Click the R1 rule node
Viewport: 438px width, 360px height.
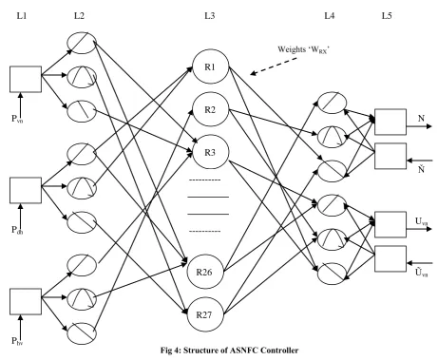210,66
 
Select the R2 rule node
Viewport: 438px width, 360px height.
210,109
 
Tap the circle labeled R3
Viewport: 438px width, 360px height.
210,152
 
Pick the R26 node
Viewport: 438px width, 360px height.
205,272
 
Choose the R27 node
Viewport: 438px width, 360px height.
205,314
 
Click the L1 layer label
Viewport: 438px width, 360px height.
22,15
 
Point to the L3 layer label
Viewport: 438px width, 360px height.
210,15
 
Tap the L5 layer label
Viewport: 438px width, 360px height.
387,15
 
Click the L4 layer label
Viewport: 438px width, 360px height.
330,15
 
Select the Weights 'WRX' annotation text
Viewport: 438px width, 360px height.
304,49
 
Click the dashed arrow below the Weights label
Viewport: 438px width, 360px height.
274,66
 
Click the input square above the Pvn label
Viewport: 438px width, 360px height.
26,79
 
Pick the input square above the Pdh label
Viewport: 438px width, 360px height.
26,190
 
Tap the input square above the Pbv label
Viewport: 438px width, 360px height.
26,301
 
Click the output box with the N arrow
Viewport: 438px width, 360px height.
390,122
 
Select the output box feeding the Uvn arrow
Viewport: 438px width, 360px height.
390,224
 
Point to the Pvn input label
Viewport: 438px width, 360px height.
17,119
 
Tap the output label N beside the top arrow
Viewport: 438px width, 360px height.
421,119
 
